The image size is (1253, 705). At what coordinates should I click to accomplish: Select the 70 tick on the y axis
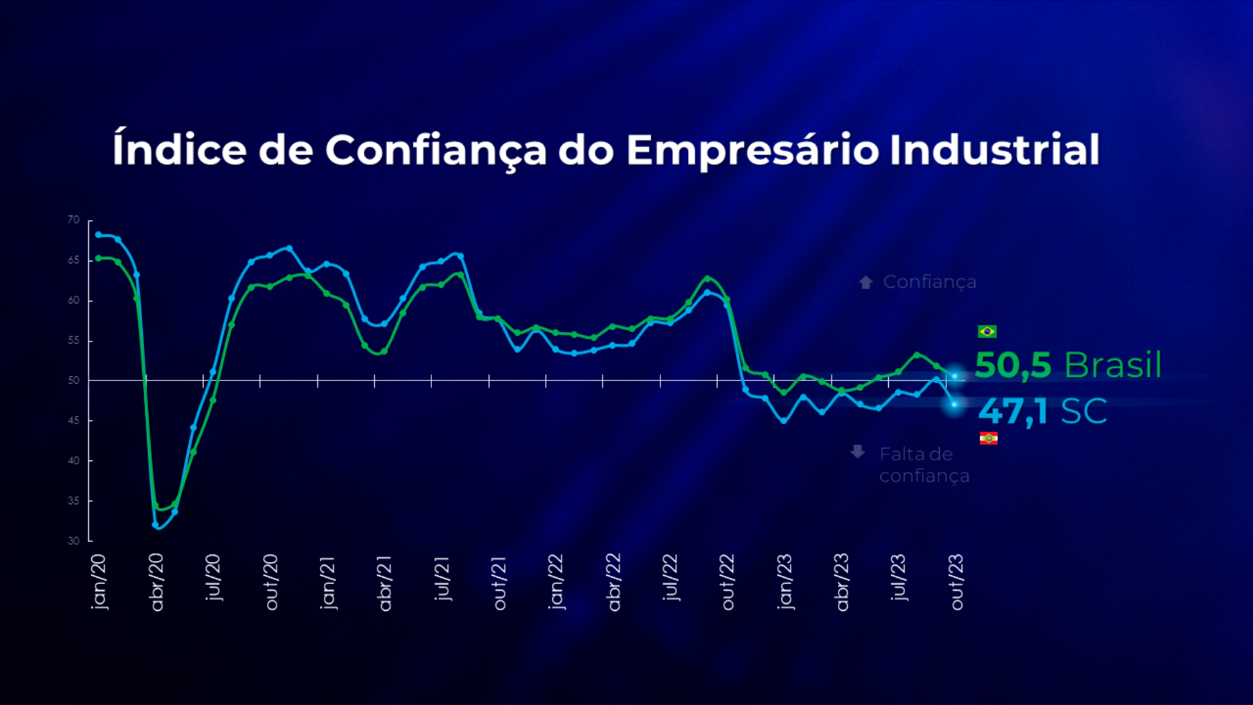(74, 220)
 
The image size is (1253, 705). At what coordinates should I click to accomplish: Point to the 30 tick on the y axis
(74, 540)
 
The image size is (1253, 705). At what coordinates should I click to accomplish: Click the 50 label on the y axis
(74, 381)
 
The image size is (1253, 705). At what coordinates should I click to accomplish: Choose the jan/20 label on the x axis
(99, 582)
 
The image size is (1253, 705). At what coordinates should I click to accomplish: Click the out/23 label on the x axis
(957, 582)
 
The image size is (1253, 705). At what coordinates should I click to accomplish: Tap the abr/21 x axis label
(385, 583)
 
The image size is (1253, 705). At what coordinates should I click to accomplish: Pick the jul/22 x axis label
(670, 578)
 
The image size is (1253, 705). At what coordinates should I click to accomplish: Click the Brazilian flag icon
(987, 332)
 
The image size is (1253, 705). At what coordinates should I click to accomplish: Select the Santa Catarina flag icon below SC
(988, 438)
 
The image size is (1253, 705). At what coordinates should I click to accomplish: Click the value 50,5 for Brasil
(1013, 365)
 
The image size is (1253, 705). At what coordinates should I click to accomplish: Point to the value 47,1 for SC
(1013, 411)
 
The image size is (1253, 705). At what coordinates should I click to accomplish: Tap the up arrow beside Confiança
(866, 282)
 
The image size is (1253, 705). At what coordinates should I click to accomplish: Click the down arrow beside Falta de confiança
(858, 452)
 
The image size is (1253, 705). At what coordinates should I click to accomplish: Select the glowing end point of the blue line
(954, 405)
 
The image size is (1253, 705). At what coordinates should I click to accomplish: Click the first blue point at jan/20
(99, 234)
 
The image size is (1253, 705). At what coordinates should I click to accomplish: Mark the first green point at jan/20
(99, 258)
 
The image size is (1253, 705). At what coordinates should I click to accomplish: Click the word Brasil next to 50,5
(1113, 365)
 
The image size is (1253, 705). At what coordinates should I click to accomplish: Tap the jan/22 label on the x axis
(556, 582)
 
